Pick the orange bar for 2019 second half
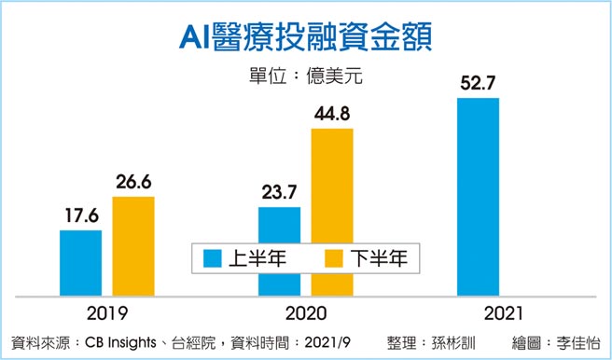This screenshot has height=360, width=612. point(133,248)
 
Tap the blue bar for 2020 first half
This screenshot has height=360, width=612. point(279,253)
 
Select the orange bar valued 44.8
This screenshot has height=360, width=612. point(332,214)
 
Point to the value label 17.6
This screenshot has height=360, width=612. point(80,214)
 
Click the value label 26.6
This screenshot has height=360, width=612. point(133,181)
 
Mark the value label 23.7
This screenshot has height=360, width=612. point(279,192)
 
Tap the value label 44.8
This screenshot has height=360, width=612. point(332,113)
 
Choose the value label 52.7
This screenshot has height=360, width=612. point(479,83)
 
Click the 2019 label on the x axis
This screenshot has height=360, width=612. point(106,312)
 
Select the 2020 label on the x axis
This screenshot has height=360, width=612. point(305,312)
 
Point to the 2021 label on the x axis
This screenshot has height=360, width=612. point(505,312)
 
